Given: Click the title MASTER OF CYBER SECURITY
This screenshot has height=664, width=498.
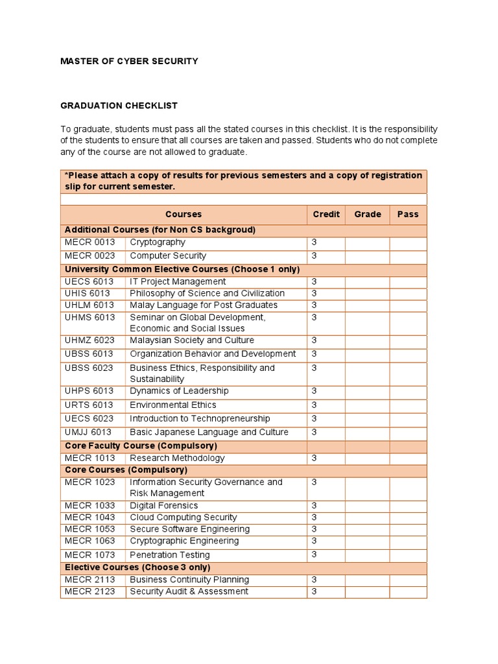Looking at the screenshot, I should (x=129, y=61).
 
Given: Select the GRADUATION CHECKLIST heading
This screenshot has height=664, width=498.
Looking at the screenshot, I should (x=119, y=105).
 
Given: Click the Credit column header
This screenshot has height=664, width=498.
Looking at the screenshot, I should (x=326, y=214).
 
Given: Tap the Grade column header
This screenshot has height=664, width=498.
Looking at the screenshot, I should (x=367, y=214).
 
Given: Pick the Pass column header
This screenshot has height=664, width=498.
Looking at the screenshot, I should (x=408, y=214).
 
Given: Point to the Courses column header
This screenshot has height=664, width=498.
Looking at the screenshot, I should (x=184, y=214).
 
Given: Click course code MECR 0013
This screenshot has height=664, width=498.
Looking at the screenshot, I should (x=89, y=243).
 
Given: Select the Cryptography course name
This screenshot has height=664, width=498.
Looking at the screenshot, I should (x=158, y=243).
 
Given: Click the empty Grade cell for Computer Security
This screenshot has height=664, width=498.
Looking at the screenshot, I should (x=367, y=256).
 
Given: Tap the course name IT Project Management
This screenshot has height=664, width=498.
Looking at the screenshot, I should (x=178, y=281).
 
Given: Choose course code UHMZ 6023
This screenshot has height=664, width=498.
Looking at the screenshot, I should (x=89, y=340).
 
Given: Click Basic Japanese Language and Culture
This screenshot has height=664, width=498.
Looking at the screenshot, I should (x=209, y=433).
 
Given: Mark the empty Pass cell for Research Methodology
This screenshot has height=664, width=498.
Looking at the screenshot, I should (x=408, y=458).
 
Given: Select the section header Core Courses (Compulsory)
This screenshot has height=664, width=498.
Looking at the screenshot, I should (x=126, y=469).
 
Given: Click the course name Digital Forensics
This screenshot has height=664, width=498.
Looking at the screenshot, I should (x=164, y=506).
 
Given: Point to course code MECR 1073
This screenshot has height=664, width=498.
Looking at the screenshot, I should (x=89, y=555).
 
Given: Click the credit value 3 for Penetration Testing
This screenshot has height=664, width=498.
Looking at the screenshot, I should (x=314, y=555).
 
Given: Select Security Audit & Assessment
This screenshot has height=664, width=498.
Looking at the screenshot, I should (x=189, y=591).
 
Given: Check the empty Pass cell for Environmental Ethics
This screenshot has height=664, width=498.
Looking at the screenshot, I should (x=408, y=405).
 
